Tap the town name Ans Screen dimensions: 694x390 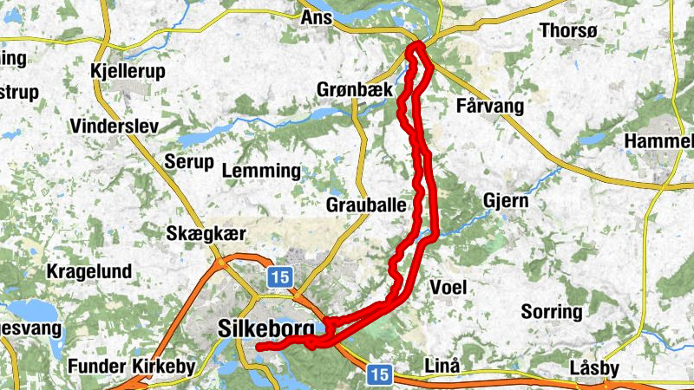click(x=315, y=16)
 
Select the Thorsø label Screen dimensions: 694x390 click(x=569, y=30)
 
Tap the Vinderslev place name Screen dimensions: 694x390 click(x=115, y=127)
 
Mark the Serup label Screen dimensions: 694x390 click(x=188, y=162)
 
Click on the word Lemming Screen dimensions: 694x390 click(x=261, y=172)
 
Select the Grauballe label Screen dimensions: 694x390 click(x=367, y=205)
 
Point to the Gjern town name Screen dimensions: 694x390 click(x=506, y=201)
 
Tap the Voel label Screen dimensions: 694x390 click(x=448, y=287)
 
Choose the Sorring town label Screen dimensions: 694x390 click(x=552, y=311)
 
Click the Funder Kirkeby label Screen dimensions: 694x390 click(x=132, y=366)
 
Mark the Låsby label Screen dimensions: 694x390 click(x=595, y=368)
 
